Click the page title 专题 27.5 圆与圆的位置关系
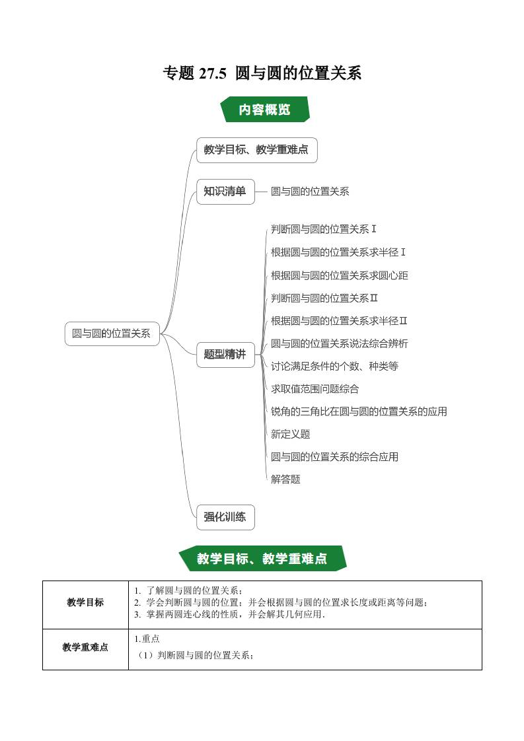[262, 73]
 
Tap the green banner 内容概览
[265, 109]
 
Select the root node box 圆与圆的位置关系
[112, 334]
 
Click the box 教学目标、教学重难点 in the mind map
[256, 150]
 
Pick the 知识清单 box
[225, 192]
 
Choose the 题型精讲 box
[225, 355]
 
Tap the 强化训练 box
[225, 517]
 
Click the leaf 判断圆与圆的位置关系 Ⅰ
[324, 229]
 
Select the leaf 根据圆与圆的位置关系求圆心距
[339, 275]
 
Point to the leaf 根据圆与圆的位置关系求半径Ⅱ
[338, 321]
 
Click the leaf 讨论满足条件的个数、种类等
[334, 367]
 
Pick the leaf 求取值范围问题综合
[315, 389]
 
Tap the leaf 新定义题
[290, 435]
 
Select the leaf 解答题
[285, 479]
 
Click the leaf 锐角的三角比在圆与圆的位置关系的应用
[359, 411]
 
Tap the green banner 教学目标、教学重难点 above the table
[262, 559]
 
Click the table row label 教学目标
[85, 602]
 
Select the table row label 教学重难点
[85, 647]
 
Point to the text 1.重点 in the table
[147, 639]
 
